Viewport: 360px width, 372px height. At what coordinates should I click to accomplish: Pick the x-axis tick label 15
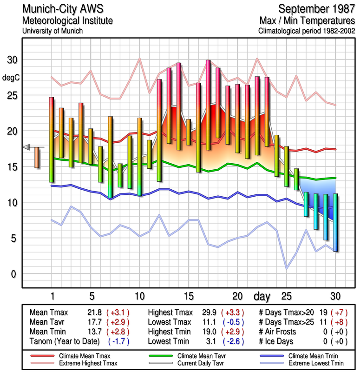click(188, 296)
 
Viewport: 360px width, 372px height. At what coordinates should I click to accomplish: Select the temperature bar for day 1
click(52, 139)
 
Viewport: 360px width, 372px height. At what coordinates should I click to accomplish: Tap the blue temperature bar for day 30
click(335, 222)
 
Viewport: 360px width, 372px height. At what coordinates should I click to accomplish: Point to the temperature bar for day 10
click(139, 156)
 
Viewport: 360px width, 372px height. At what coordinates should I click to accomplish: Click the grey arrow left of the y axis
click(26, 147)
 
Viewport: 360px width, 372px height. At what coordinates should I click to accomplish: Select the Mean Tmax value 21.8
click(96, 312)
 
